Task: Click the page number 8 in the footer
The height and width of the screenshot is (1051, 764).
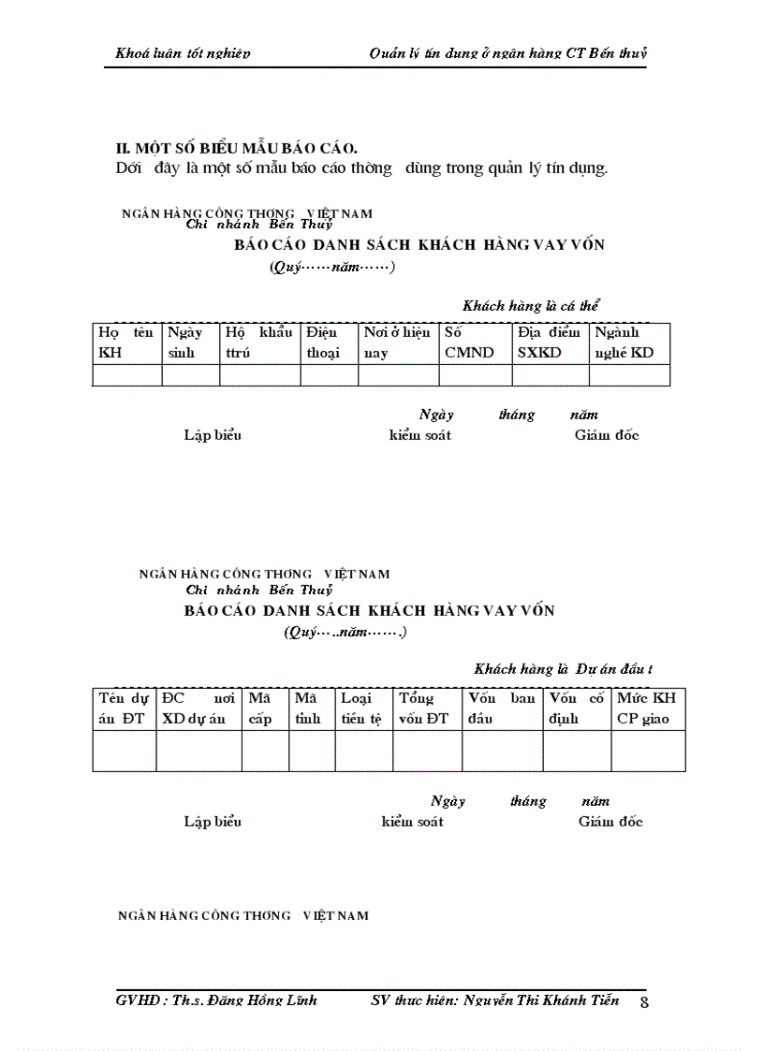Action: pos(644,1002)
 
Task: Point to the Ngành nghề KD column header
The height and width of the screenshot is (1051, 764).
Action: pos(629,343)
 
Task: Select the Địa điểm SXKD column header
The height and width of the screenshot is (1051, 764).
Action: pos(550,343)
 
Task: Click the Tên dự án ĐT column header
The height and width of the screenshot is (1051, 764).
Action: pos(124,708)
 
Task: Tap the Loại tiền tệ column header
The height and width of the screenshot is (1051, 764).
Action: pos(363,708)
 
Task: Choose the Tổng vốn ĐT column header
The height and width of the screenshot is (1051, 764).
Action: pos(427,708)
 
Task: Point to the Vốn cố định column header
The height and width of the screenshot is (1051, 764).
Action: pos(576,708)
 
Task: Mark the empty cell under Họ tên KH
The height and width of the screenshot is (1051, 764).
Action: pos(127,375)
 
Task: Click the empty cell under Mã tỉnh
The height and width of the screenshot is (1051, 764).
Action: pos(311,751)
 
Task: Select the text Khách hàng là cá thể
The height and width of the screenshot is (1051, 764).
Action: pos(531,305)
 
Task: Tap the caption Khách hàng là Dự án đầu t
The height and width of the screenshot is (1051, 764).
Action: pos(564,668)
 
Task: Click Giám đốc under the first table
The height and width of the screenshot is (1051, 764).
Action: pos(607,435)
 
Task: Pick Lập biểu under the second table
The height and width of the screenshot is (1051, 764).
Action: pos(213,822)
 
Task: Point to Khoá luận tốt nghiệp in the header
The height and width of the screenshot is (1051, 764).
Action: pos(183,53)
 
